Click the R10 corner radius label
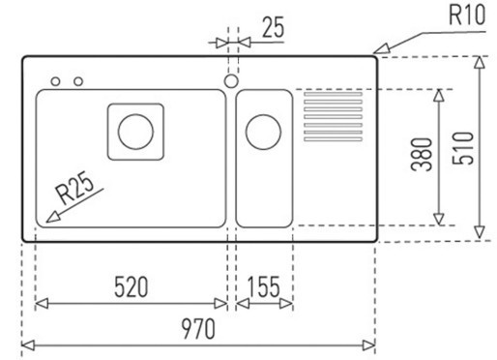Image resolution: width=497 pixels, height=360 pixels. pos(467,15)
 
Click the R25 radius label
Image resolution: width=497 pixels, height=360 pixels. pos(74,188)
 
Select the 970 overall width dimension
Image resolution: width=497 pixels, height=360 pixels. pos(198,328)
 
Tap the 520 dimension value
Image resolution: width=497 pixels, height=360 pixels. pos(132,286)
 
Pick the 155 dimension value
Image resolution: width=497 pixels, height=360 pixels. pos(263,286)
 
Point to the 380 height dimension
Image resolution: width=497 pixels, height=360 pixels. pos(422,154)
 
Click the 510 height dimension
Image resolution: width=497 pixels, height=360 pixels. pos(463,148)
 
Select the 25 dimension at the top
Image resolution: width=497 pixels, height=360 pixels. pos(274,27)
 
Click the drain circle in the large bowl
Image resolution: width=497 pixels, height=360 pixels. pos(135,132)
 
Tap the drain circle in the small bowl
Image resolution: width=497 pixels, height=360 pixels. pos(263,132)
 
